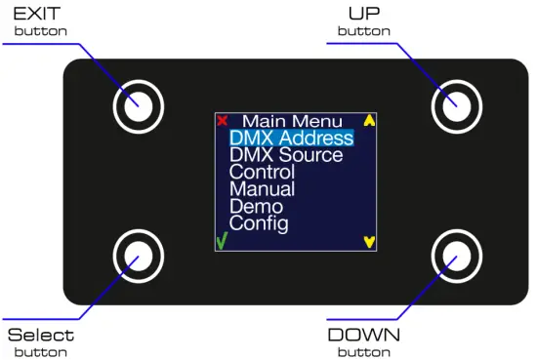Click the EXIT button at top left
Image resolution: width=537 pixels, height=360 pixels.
coord(136,104)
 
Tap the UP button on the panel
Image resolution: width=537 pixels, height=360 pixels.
coord(454,102)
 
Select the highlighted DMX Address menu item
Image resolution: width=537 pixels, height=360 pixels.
coord(291,139)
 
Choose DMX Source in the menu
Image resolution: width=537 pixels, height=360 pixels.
coord(286,155)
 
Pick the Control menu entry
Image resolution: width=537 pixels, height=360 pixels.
coord(262,173)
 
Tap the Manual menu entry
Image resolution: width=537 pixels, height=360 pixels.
coord(262,189)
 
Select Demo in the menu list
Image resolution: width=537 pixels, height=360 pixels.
coord(256,207)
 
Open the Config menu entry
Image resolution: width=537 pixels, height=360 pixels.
coord(259,223)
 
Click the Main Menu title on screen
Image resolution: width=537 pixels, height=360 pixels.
coord(293,122)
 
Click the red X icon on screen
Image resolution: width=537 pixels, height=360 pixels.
coord(223,121)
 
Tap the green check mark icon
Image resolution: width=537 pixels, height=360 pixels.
coord(222,241)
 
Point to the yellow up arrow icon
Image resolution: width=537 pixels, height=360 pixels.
coord(369,122)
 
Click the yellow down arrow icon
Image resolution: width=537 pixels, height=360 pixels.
coord(369,241)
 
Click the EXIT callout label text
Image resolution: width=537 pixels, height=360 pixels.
coord(40,14)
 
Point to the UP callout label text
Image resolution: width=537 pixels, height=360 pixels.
coord(363,14)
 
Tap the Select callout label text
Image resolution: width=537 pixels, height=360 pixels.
coord(40,336)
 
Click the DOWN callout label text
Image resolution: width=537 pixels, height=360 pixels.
coord(363,336)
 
